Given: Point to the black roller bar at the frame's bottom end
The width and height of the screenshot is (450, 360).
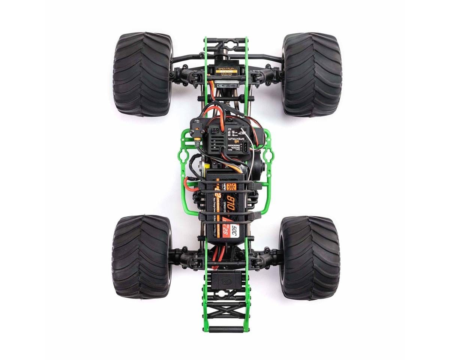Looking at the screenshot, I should (226, 329).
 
